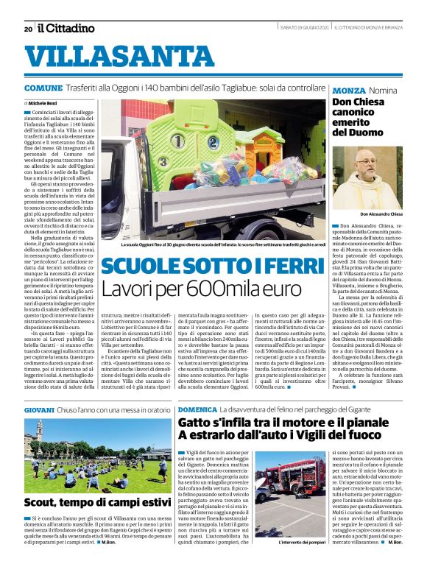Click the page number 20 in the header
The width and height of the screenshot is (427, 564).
(x=28, y=29)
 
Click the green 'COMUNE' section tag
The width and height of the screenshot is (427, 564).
(x=42, y=88)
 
